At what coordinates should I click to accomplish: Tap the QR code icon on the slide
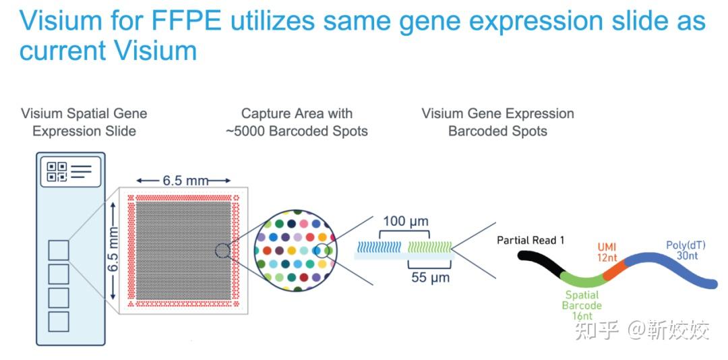tap(57, 171)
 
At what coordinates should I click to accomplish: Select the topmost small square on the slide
tap(59, 251)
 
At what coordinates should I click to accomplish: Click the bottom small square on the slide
tap(59, 321)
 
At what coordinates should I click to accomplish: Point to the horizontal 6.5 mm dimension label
tap(183, 181)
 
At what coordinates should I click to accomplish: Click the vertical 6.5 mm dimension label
tap(113, 248)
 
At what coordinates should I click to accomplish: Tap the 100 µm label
tap(405, 221)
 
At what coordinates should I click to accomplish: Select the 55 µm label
tap(431, 277)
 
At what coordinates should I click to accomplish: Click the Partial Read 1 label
tap(530, 240)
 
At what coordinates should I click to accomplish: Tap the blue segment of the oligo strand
tap(674, 270)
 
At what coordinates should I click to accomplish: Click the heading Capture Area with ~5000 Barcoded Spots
tap(297, 122)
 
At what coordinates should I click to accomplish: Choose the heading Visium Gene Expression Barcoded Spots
tap(497, 122)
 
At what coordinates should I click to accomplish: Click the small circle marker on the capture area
tap(222, 251)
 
